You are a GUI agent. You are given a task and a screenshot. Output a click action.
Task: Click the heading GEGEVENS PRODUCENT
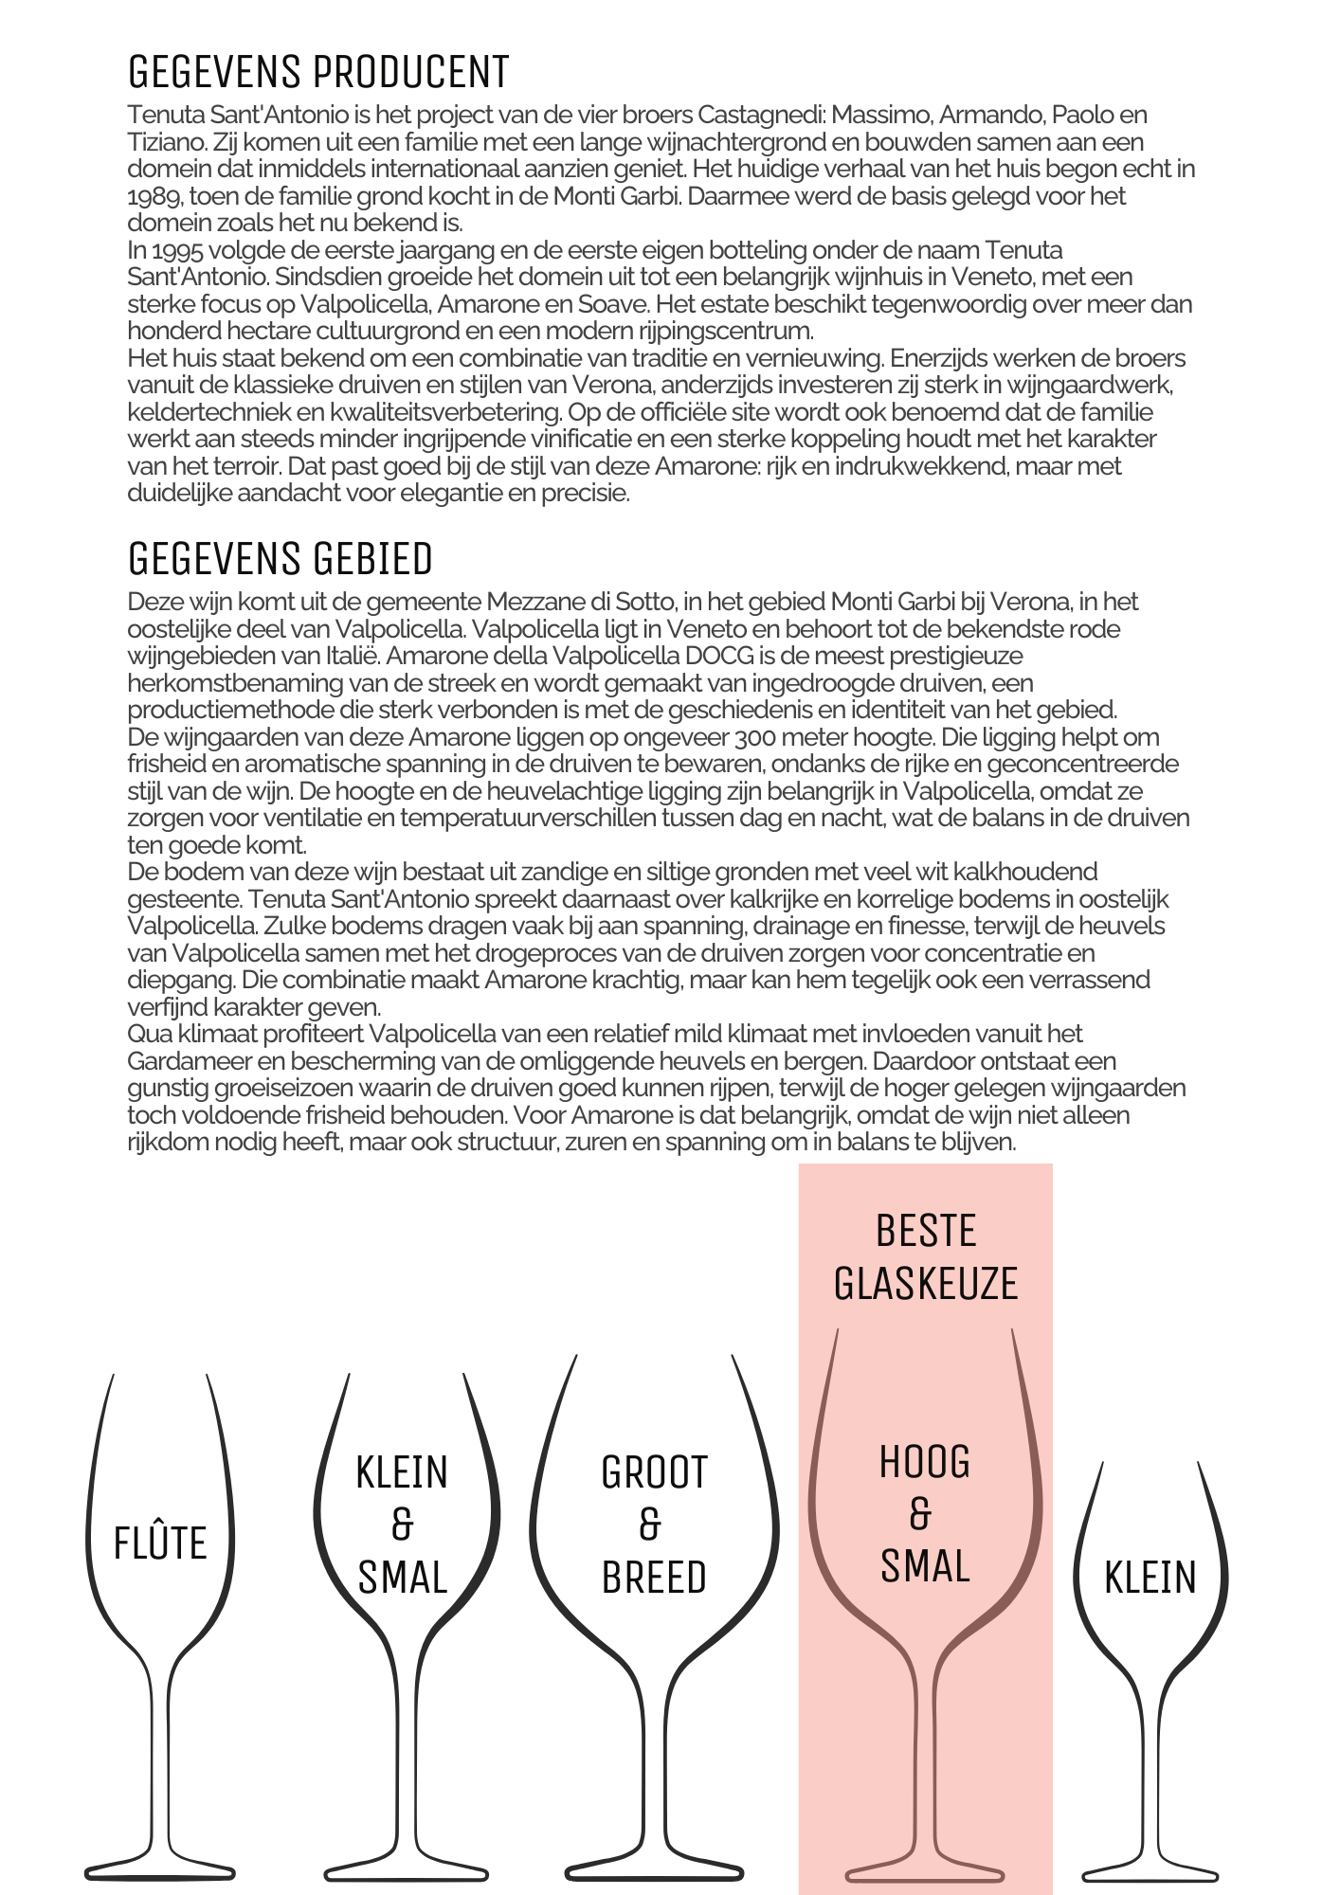point(318,72)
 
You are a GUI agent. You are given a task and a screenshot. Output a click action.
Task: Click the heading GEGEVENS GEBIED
point(280,559)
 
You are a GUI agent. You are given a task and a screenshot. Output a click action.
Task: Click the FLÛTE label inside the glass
point(160,1543)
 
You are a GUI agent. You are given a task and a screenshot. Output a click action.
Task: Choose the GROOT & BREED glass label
point(654,1525)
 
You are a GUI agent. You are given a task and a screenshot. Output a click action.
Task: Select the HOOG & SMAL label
point(925,1514)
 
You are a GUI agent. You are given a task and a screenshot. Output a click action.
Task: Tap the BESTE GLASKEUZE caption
point(926,1257)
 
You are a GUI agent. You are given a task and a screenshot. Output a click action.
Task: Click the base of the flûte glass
point(159,1870)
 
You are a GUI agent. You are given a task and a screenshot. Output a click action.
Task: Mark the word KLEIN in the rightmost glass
point(1150,1578)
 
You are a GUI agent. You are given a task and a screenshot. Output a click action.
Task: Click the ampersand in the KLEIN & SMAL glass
point(403,1525)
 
